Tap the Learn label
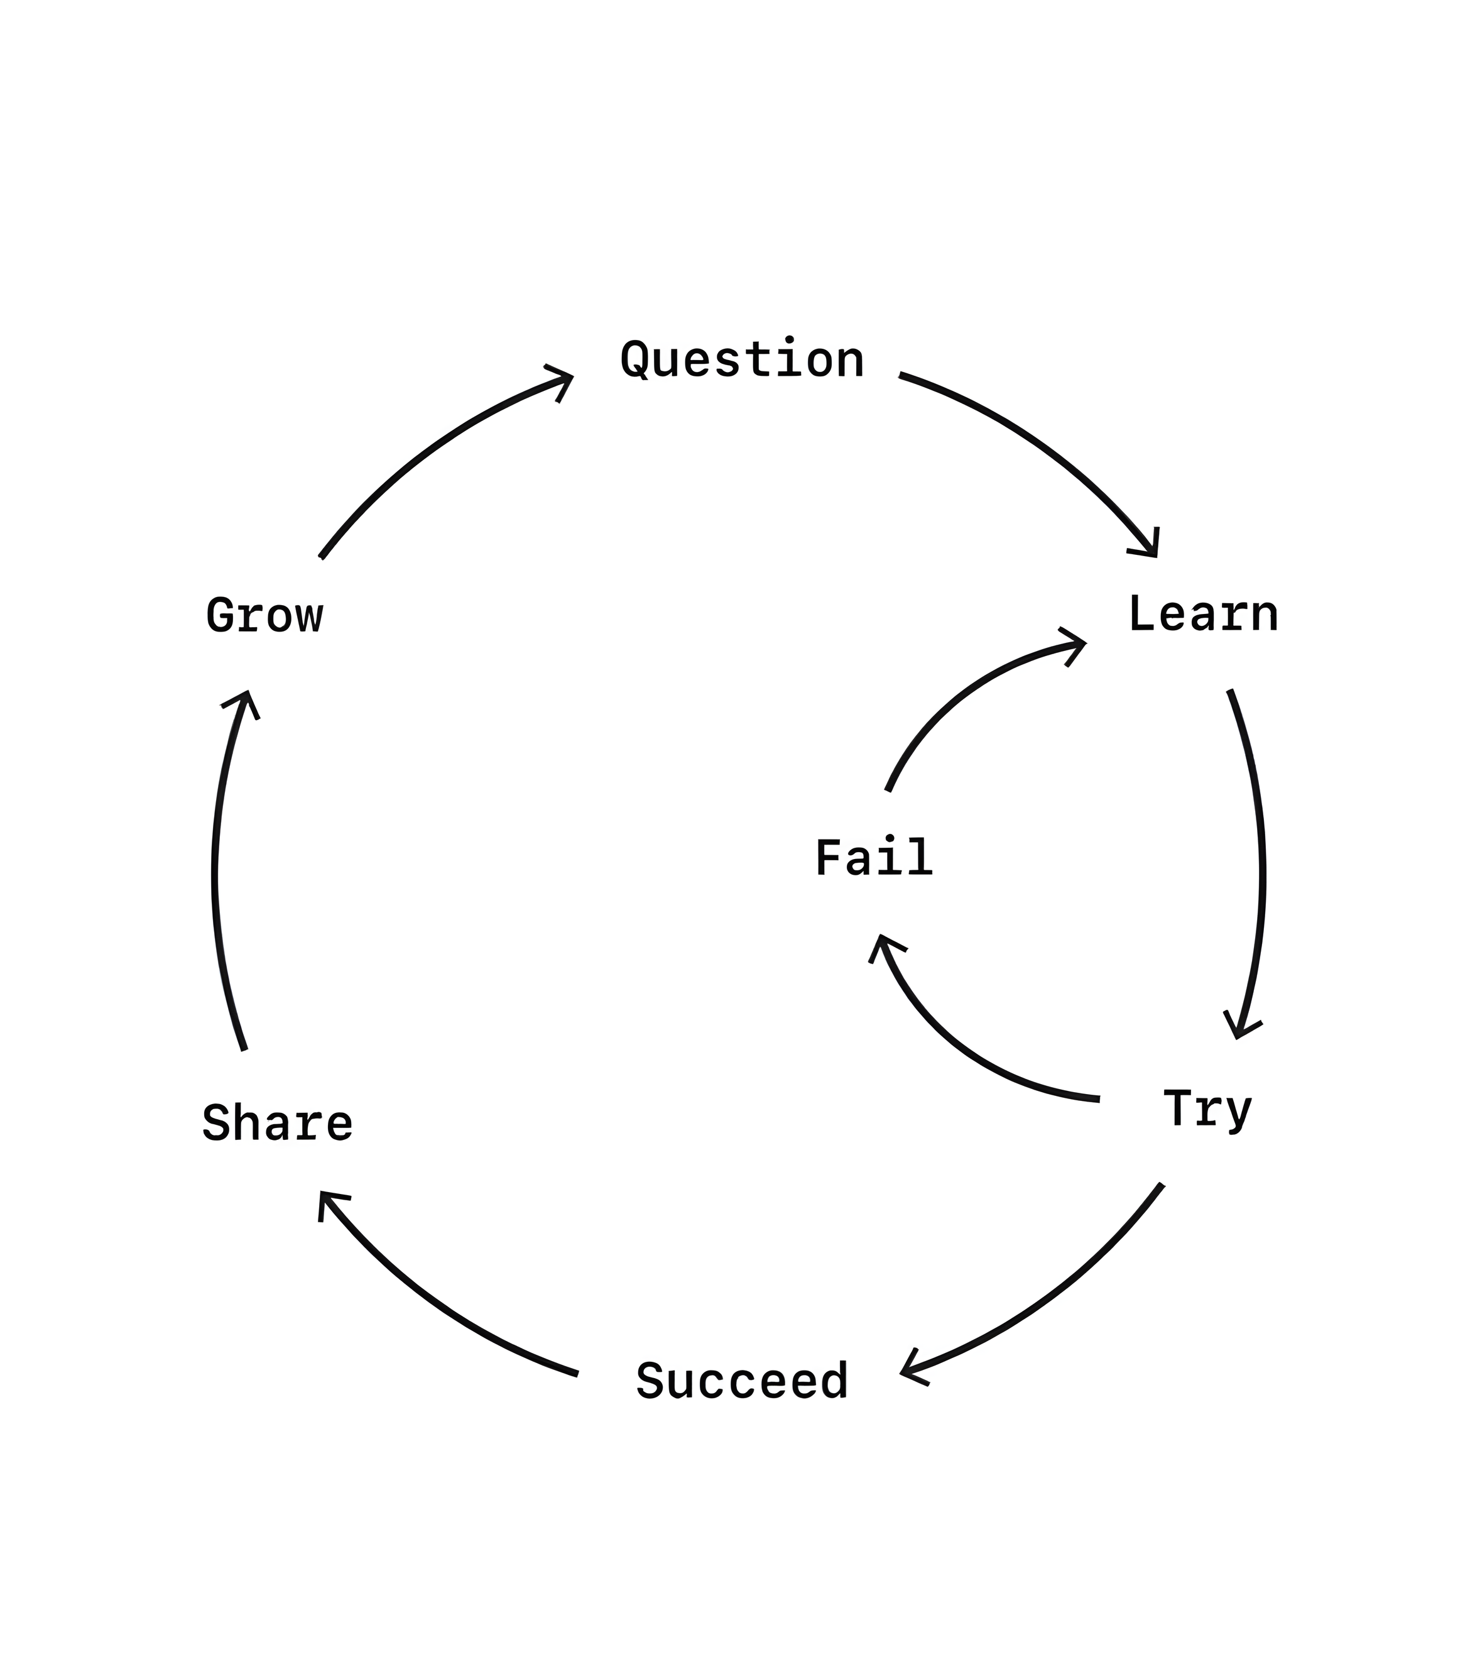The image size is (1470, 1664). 1202,615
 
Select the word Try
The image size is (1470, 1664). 1206,1110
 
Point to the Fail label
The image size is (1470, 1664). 873,859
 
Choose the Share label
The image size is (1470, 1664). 278,1124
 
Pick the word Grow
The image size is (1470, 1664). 264,616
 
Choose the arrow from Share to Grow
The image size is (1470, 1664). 215,871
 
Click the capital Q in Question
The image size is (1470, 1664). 636,361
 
